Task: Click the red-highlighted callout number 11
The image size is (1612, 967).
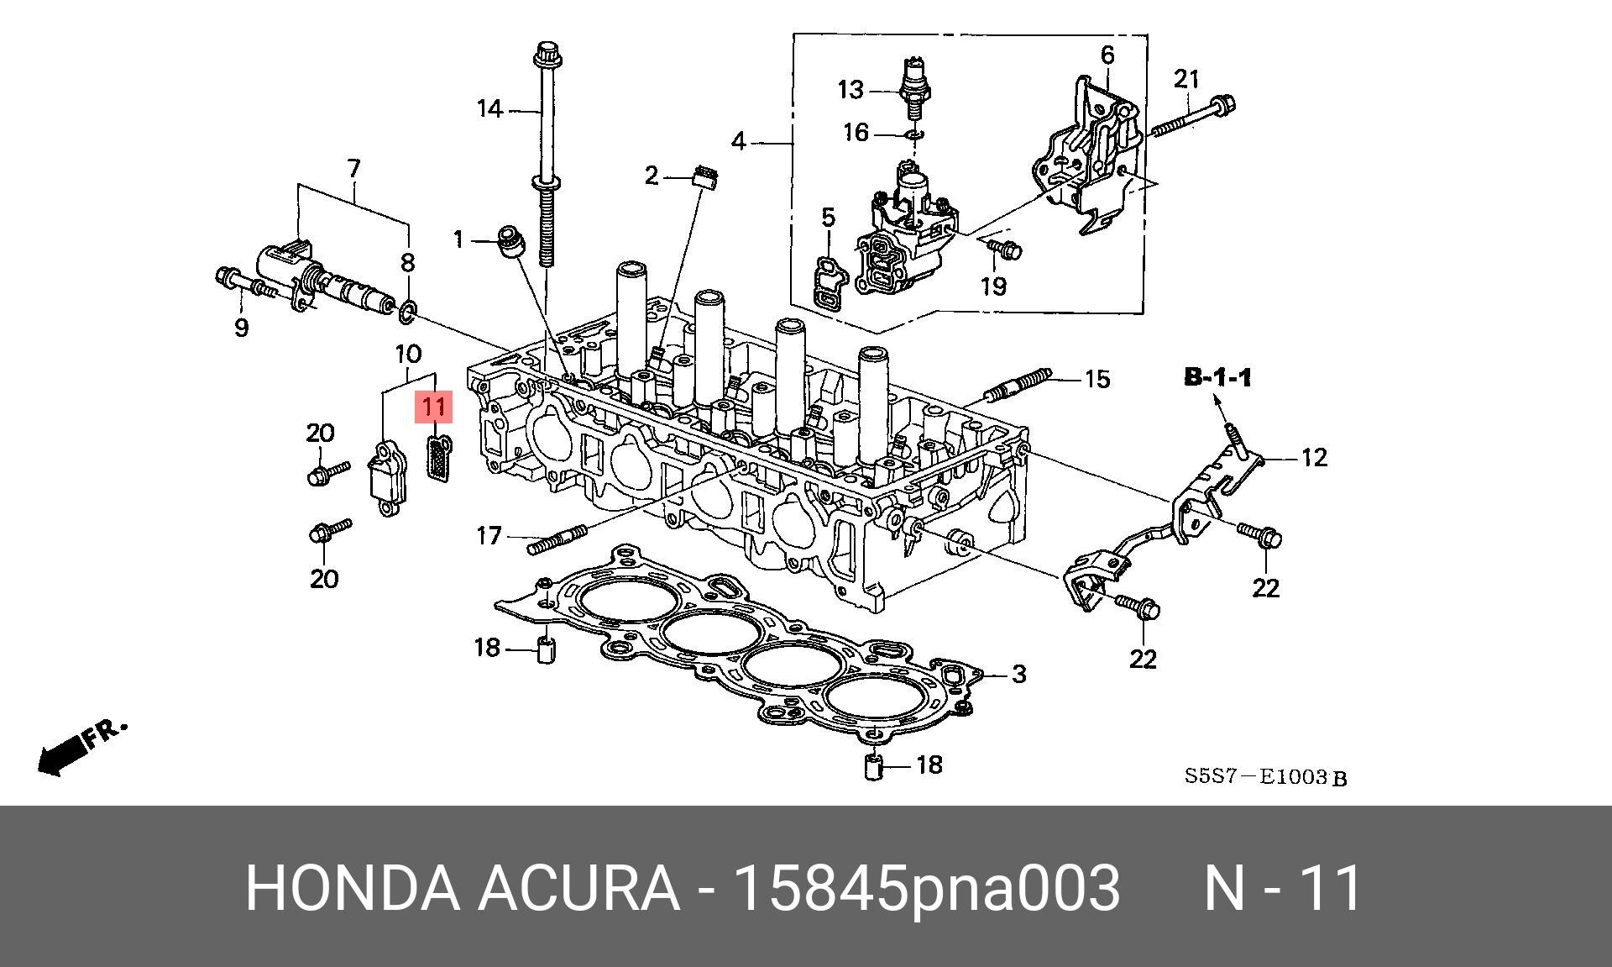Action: pos(434,407)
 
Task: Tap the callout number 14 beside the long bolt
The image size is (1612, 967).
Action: pos(489,109)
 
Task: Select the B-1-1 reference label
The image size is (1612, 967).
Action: pos(1217,378)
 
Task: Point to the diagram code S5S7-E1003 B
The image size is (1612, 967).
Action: pos(1264,777)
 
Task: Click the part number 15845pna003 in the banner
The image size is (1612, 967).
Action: pos(926,887)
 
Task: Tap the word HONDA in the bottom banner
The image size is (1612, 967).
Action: pos(353,887)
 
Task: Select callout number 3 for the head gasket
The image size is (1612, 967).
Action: pos(1018,674)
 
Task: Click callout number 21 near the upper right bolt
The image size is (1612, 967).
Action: pos(1186,80)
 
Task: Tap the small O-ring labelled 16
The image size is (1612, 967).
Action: pos(915,134)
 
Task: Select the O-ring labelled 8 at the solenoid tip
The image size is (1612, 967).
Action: pos(408,313)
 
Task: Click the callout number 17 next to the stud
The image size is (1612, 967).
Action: pos(489,535)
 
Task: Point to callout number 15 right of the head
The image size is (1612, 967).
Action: pos(1097,379)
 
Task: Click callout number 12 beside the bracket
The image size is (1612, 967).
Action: pos(1314,458)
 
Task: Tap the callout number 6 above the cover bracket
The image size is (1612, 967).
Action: pos(1107,55)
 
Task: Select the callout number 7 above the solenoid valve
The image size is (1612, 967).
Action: pos(353,169)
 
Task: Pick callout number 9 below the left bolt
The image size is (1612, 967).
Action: pos(242,327)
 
